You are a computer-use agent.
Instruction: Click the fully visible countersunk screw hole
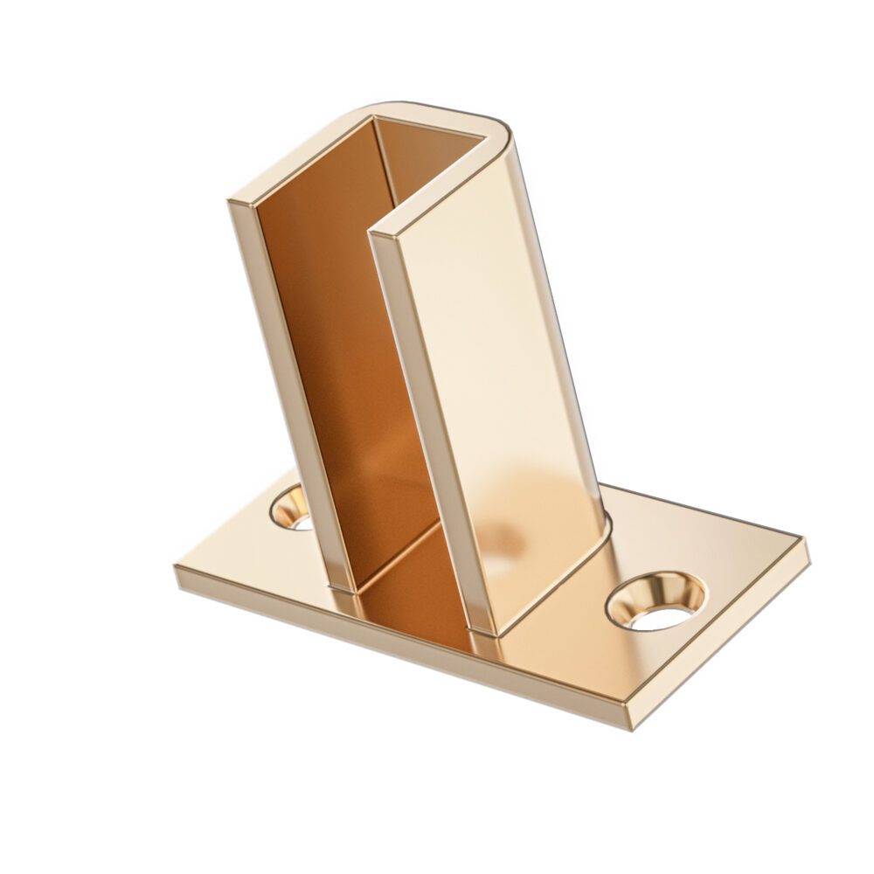(655, 601)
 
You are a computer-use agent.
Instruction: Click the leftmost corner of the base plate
(177, 572)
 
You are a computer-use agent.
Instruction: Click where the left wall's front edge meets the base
(341, 588)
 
